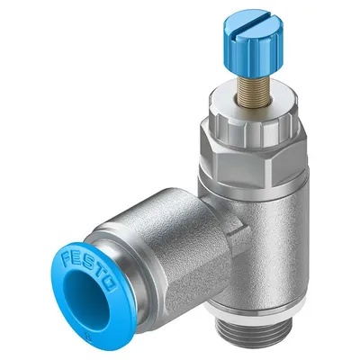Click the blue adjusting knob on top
click(253, 42)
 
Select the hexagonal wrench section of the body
click(253, 165)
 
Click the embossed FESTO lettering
click(89, 271)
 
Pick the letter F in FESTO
click(66, 258)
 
